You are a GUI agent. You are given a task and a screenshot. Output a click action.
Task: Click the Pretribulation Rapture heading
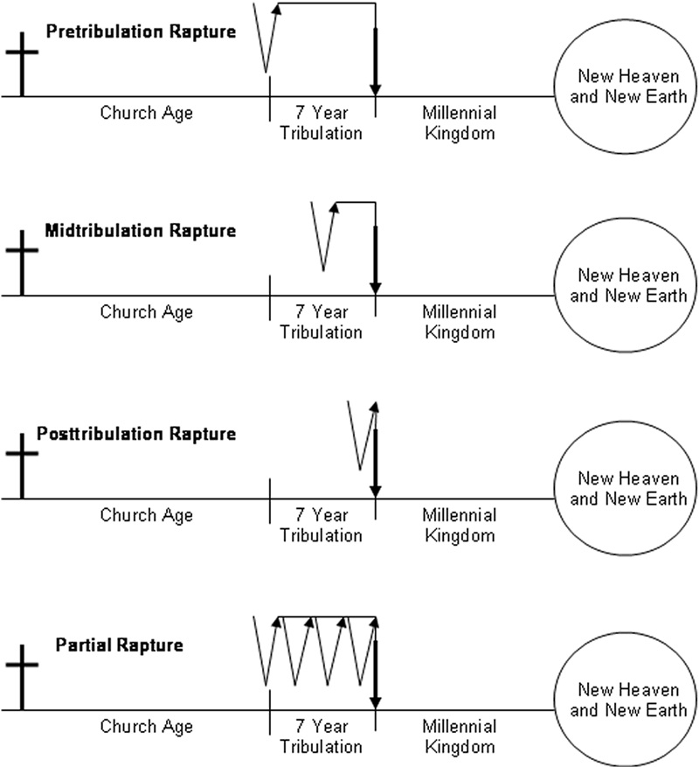coord(140,32)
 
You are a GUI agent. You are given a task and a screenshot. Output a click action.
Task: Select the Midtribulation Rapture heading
coord(140,231)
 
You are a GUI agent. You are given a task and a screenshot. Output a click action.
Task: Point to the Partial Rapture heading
coord(119,645)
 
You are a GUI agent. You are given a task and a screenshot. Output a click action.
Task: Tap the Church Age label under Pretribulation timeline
coord(146,113)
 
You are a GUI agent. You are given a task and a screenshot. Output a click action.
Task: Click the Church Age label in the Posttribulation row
coord(146,515)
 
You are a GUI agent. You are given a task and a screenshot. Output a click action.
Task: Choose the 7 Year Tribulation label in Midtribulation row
coord(321,322)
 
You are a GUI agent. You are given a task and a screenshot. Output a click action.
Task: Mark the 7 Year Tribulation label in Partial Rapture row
coord(321,736)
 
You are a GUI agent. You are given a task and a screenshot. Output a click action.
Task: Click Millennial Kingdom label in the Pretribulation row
coord(459,122)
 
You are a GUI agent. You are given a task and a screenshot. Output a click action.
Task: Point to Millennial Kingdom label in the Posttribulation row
coord(459,525)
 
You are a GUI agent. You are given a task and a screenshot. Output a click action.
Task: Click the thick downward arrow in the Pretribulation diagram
coord(376,61)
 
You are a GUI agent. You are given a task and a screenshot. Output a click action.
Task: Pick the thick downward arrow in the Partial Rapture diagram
coord(376,673)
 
